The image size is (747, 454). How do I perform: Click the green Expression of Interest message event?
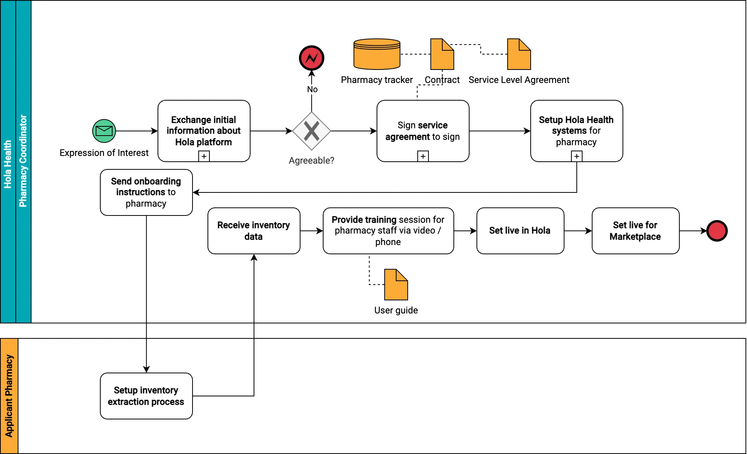tap(104, 131)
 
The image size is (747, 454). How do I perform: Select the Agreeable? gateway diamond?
tap(311, 131)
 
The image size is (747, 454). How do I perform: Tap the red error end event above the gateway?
tap(311, 58)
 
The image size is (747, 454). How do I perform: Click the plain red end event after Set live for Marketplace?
tap(717, 231)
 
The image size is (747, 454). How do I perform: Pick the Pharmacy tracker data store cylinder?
tap(377, 54)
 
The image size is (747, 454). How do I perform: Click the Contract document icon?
tap(442, 54)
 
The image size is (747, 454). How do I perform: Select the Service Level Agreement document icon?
tap(519, 54)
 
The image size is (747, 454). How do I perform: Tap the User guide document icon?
tap(396, 285)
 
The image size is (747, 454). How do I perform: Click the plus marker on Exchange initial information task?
tap(204, 156)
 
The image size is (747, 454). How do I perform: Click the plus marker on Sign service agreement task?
tap(423, 156)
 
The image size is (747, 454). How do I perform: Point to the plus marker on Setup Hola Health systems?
tap(576, 156)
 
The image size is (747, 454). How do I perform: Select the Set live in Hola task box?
tap(520, 231)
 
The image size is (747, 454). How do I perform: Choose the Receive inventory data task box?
tap(254, 231)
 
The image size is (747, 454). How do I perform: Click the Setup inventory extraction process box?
tap(146, 396)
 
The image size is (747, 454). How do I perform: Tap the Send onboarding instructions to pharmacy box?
tap(146, 192)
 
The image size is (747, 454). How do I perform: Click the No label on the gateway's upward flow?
tap(312, 89)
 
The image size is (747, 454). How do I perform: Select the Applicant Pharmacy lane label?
tap(9, 396)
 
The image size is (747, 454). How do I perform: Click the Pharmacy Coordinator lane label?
tap(23, 161)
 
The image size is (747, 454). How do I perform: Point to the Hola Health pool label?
tap(8, 164)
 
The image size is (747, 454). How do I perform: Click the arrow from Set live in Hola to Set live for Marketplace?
tap(578, 231)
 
